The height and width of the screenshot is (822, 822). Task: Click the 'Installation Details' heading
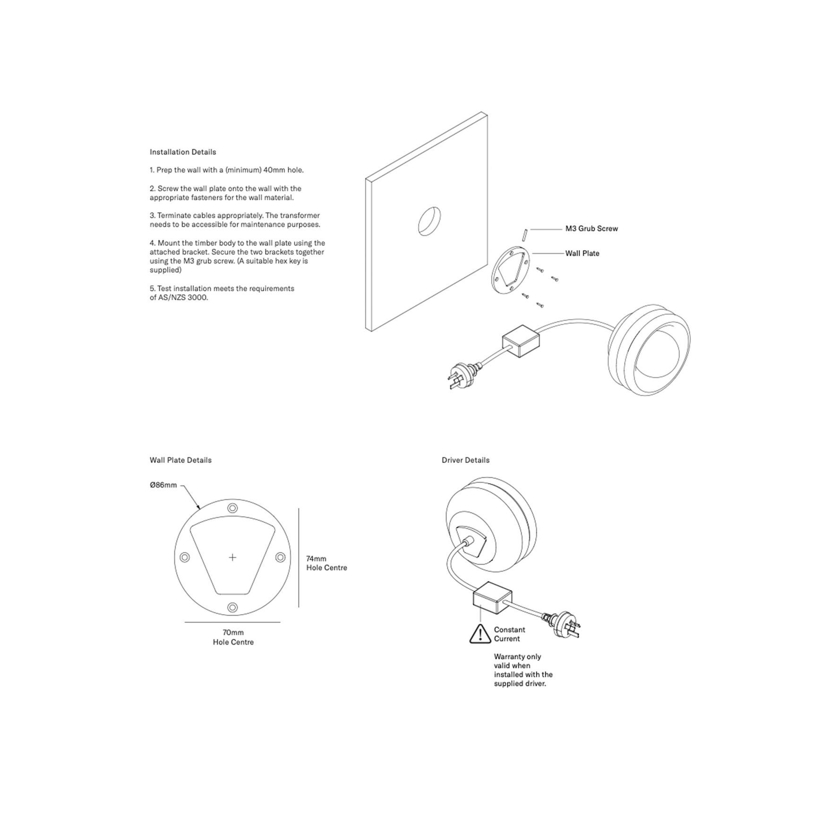(183, 152)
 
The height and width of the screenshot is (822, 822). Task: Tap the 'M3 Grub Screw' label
(591, 229)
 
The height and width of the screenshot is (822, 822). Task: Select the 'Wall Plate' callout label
(582, 254)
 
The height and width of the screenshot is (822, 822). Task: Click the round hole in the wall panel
(429, 221)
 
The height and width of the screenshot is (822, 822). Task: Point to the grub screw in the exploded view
(524, 235)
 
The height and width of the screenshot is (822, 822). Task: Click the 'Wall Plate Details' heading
(180, 460)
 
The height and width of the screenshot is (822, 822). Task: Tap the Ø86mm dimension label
(163, 485)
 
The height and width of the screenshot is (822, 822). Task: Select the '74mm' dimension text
(316, 559)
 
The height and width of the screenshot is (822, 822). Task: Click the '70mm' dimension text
(233, 633)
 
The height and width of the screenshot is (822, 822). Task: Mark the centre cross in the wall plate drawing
(232, 557)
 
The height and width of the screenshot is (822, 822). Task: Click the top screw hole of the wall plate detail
(232, 508)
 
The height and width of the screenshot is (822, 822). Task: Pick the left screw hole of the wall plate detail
(185, 557)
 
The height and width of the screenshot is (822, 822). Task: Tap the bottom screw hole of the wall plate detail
(232, 608)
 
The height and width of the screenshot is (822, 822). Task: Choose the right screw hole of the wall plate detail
(280, 557)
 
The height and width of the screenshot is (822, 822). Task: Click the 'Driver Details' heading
(466, 460)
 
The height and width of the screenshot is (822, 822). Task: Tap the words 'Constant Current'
(510, 634)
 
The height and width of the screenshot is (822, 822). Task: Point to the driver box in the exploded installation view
(521, 341)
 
